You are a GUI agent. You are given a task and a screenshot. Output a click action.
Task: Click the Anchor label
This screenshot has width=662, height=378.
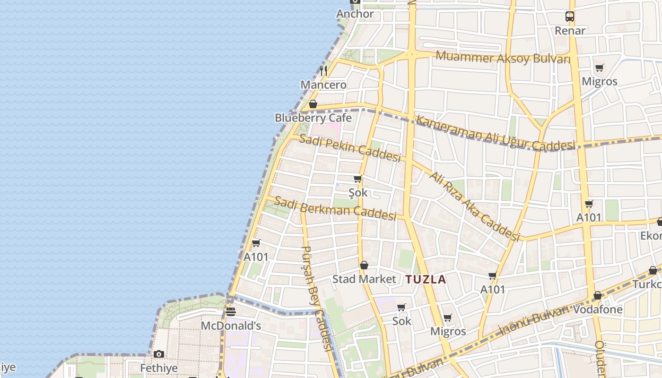tap(355, 14)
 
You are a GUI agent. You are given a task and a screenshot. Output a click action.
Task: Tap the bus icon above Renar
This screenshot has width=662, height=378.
tap(570, 17)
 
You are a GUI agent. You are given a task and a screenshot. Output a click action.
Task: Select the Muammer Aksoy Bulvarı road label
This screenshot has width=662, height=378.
tap(503, 58)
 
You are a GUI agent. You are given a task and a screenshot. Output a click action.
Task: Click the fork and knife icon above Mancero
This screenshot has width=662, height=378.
tap(323, 71)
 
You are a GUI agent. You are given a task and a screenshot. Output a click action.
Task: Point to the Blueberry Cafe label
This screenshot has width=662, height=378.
tap(313, 118)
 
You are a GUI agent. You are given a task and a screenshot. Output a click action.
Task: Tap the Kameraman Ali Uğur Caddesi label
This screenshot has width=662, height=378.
tap(495, 134)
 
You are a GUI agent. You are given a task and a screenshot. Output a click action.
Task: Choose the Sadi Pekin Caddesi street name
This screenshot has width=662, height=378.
tap(350, 147)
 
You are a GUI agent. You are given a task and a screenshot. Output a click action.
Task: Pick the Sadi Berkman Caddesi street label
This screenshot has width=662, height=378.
tap(335, 208)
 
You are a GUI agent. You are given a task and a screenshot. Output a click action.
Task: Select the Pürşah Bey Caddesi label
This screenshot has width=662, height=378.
tap(315, 298)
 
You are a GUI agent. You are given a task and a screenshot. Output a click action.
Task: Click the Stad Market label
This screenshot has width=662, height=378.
tap(364, 279)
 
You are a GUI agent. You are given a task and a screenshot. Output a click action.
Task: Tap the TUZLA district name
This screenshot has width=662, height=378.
tap(426, 279)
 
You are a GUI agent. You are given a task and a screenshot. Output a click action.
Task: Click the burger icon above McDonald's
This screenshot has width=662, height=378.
tap(230, 312)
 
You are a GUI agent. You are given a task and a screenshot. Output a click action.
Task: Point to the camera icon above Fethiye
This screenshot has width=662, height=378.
tap(159, 354)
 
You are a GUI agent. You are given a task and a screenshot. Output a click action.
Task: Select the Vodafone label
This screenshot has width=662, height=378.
tap(598, 309)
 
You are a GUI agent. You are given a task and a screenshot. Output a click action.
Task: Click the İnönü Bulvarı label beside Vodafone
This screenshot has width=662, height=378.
tap(533, 321)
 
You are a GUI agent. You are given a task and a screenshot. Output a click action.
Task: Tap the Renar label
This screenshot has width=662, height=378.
tap(570, 31)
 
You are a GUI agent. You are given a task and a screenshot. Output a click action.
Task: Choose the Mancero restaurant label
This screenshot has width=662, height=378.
tap(323, 85)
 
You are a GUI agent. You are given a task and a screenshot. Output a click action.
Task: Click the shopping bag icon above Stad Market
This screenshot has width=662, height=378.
tap(364, 265)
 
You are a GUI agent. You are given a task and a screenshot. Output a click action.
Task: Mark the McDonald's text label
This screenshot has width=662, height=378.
tap(231, 326)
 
